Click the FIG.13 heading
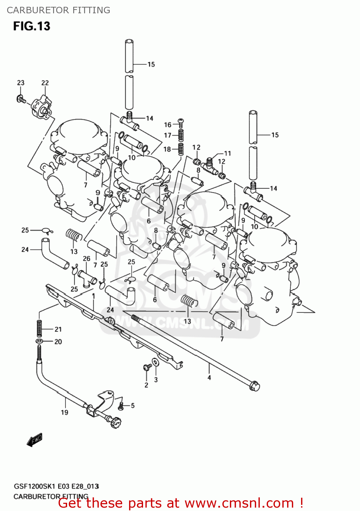pos(32,26)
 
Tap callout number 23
pos(21,83)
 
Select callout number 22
pos(45,83)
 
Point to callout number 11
pos(228,153)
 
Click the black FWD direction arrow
pos(34,440)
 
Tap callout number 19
pos(64,413)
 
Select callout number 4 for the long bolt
pos(209,377)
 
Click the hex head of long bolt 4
pos(254,386)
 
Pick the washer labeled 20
pos(39,341)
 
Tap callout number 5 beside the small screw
pos(132,405)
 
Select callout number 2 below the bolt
pos(146,385)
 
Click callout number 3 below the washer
pos(156,380)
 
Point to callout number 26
pos(87,259)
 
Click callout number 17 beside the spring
pos(168,135)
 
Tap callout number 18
pos(167,149)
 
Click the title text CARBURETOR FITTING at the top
pos(59,10)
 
